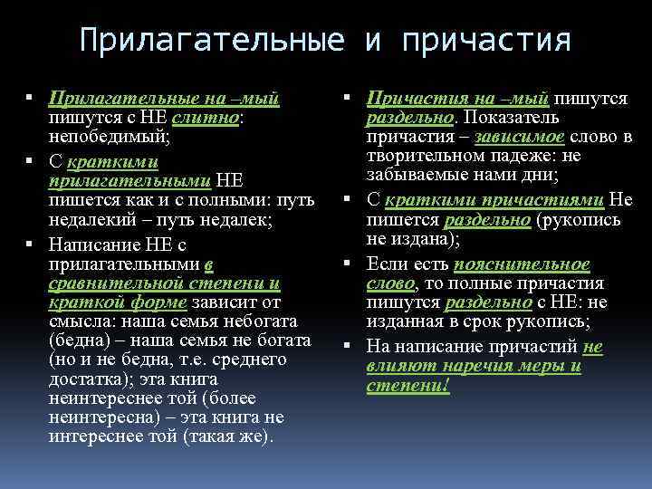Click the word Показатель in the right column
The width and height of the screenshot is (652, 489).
tap(513, 117)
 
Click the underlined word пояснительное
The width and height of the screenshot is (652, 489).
tap(522, 264)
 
